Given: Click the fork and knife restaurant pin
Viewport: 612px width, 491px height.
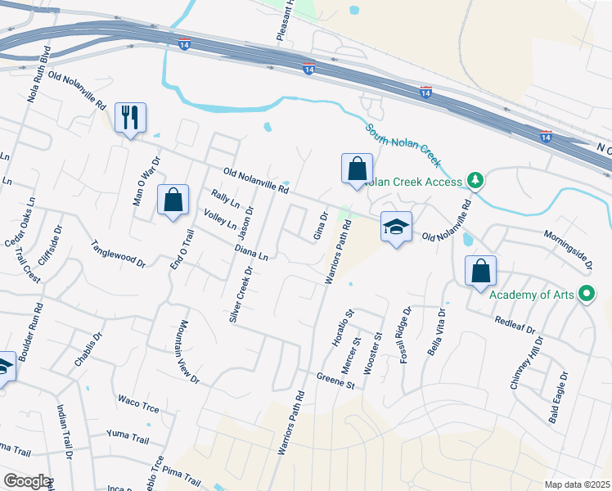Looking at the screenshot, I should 129,119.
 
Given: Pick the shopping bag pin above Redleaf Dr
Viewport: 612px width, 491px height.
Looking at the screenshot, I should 481,272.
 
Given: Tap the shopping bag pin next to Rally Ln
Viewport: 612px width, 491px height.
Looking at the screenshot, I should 173,200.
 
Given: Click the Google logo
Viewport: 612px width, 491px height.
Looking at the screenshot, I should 26,481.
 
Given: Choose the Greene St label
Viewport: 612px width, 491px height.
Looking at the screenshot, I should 335,380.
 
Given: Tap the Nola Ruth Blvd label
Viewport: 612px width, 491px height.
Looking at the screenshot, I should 38,73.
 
